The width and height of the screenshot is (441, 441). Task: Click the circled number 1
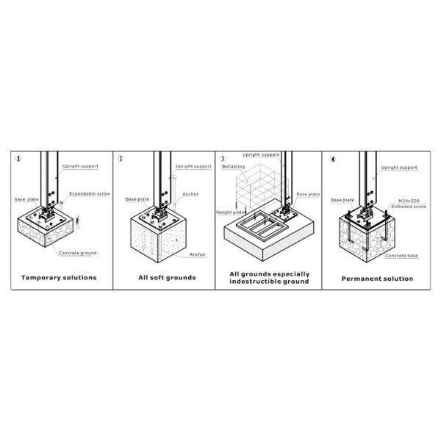(18, 158)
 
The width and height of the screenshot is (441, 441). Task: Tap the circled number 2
(121, 158)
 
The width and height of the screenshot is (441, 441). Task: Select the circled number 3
(222, 158)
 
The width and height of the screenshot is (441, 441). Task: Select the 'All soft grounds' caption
(167, 278)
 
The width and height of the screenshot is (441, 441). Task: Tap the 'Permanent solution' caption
(378, 279)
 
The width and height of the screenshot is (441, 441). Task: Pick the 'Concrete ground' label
(78, 254)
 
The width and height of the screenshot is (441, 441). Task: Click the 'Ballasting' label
(233, 167)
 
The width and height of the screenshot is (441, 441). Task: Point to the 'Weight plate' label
(230, 212)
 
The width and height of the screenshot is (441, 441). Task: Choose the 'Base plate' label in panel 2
(137, 199)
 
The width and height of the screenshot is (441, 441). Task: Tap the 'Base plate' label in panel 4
(343, 200)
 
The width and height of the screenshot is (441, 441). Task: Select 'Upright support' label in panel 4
(400, 168)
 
